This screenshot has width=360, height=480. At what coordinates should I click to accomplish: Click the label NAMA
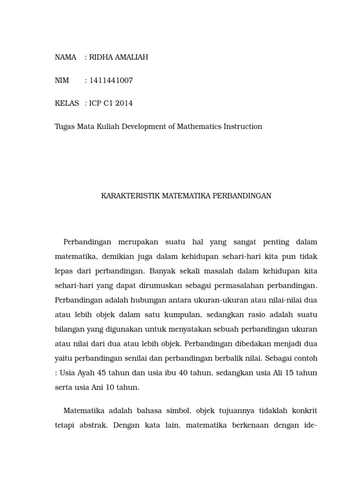pyautogui.click(x=66, y=57)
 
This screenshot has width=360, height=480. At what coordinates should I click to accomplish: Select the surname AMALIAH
pyautogui.click(x=131, y=57)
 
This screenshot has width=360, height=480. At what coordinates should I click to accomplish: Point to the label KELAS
pyautogui.click(x=67, y=104)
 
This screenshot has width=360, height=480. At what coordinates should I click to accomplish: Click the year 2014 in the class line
pyautogui.click(x=124, y=104)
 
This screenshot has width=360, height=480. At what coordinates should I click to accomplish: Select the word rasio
pyautogui.click(x=253, y=315)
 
